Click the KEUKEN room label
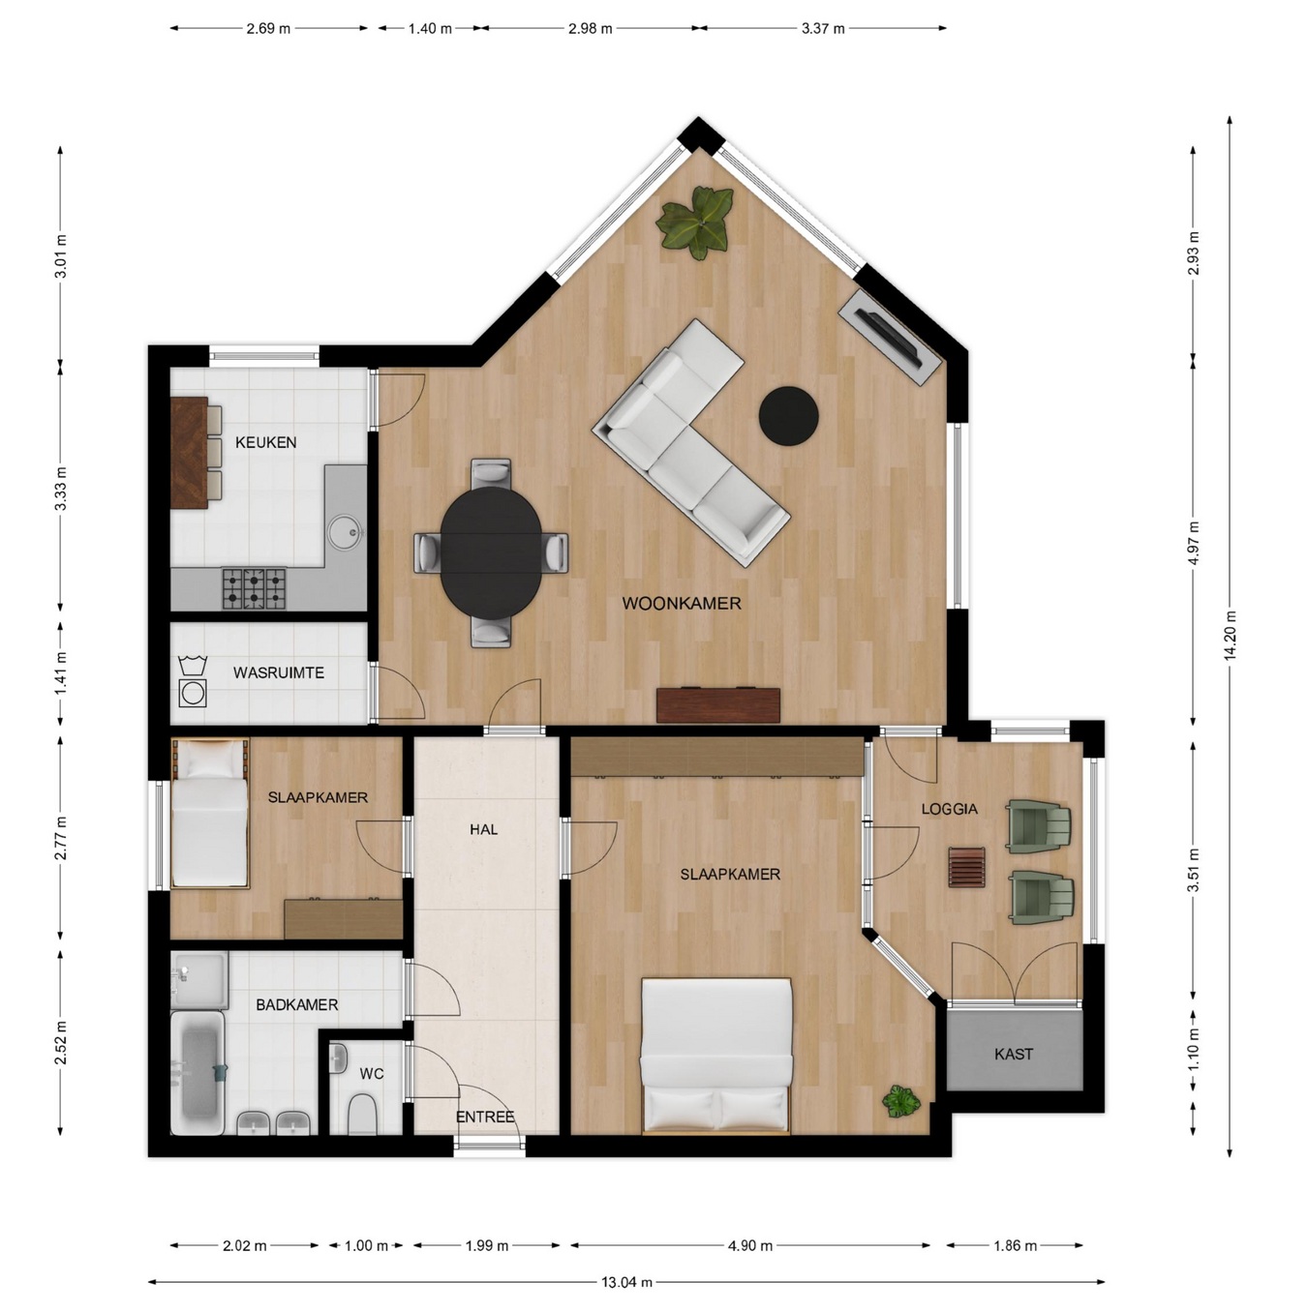click(265, 442)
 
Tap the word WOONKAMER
click(682, 603)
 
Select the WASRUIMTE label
click(279, 672)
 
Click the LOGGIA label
click(949, 809)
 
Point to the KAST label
click(1014, 1054)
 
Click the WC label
click(372, 1074)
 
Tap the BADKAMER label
click(297, 1005)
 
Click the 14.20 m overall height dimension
click(1230, 636)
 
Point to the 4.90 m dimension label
click(750, 1246)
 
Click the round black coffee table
click(789, 417)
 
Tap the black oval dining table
click(491, 552)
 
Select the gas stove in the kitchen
click(254, 588)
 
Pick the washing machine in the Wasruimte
click(192, 693)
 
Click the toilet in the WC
click(360, 1114)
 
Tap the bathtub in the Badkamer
click(197, 1073)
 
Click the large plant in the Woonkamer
click(696, 222)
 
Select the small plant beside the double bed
click(900, 1101)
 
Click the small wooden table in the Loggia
click(967, 866)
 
